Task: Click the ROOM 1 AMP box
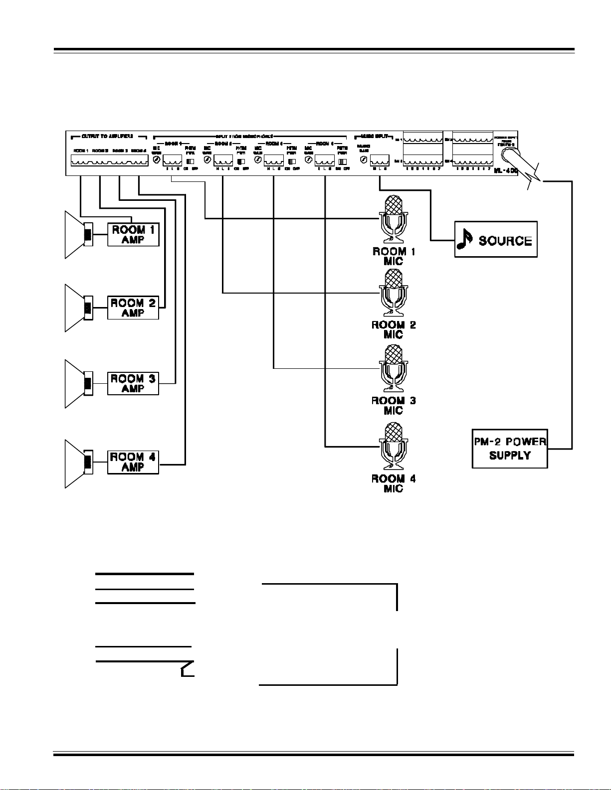point(133,235)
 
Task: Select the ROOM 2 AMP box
point(133,308)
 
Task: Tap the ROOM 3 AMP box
point(133,384)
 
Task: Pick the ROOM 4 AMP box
point(133,462)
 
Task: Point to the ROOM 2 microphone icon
point(394,293)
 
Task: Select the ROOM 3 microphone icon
point(394,369)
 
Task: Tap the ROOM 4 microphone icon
point(394,447)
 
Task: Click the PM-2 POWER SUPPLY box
point(510,449)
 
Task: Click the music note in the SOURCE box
point(465,239)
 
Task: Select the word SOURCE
point(505,241)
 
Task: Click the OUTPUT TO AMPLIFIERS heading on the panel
point(108,136)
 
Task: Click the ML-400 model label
point(506,171)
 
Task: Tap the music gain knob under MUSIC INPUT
point(364,160)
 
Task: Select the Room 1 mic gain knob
point(157,160)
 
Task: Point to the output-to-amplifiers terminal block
point(109,160)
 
